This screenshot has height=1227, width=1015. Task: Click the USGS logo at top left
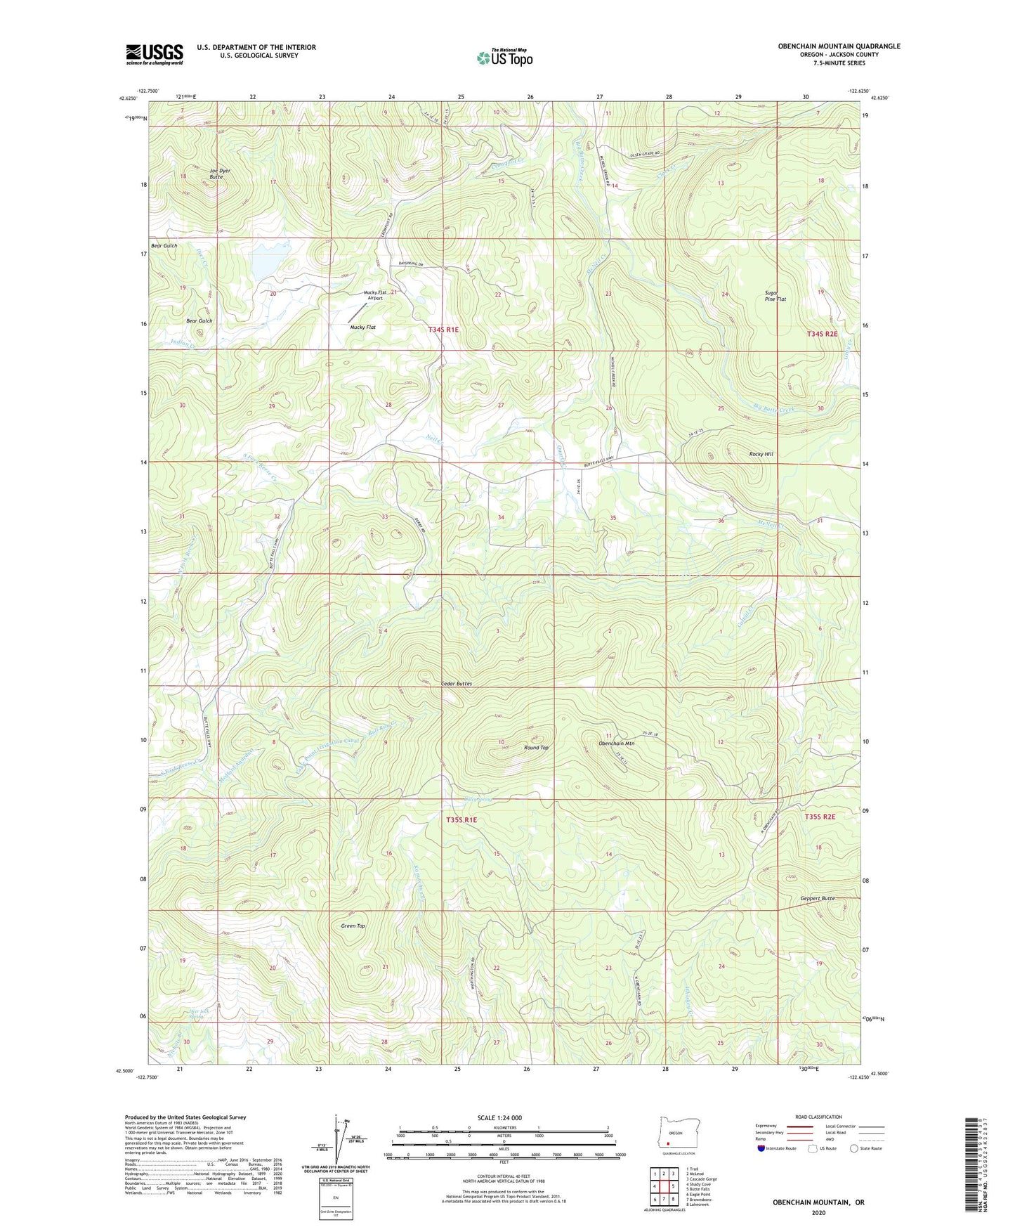click(155, 54)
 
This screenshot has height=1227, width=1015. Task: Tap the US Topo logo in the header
click(504, 58)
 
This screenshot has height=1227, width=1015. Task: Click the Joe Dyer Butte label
click(219, 174)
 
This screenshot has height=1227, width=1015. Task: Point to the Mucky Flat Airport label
click(374, 295)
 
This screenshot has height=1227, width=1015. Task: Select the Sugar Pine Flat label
click(775, 296)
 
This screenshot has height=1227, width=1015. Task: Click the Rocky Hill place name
click(761, 454)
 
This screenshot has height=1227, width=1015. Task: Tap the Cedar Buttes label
click(456, 683)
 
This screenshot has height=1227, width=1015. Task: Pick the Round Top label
click(536, 748)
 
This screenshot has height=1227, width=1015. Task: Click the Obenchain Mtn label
click(616, 744)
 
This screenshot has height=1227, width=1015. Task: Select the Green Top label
click(353, 926)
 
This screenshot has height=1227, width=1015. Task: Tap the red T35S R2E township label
click(820, 817)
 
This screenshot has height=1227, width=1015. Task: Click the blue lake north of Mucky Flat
click(258, 264)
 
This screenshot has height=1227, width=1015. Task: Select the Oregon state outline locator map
click(674, 1132)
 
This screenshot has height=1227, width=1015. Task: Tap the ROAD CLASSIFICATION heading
click(818, 1117)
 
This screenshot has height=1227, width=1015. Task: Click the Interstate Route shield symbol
click(761, 1148)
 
